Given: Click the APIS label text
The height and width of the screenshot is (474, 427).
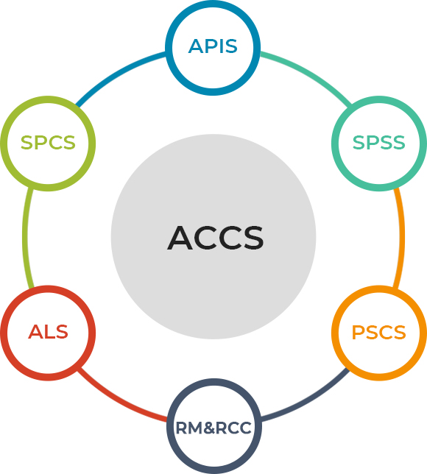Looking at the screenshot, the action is (213, 46).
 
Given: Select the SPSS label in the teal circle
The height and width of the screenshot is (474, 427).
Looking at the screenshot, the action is (378, 143).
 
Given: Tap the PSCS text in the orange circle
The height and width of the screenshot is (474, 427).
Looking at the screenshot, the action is (378, 332).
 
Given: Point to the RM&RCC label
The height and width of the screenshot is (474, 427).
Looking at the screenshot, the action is (213, 428).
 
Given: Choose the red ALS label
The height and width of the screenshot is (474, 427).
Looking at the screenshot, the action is (48, 332).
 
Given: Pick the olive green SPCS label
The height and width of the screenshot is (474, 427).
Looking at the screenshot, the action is (48, 143).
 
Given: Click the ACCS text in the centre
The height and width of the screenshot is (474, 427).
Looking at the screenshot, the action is (215, 238).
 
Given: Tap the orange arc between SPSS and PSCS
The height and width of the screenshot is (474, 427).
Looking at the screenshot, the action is (402, 237).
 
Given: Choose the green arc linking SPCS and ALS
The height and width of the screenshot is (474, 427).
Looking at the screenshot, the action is (25, 237).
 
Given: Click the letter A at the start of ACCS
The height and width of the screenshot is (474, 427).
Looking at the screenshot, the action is (180, 238).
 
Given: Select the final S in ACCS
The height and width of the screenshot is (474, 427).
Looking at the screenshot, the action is (253, 238).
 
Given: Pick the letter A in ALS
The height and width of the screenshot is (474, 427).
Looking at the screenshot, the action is (35, 332).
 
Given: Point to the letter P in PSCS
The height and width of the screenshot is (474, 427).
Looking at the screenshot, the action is (358, 332).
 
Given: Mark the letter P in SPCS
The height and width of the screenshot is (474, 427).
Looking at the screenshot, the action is (40, 143).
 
